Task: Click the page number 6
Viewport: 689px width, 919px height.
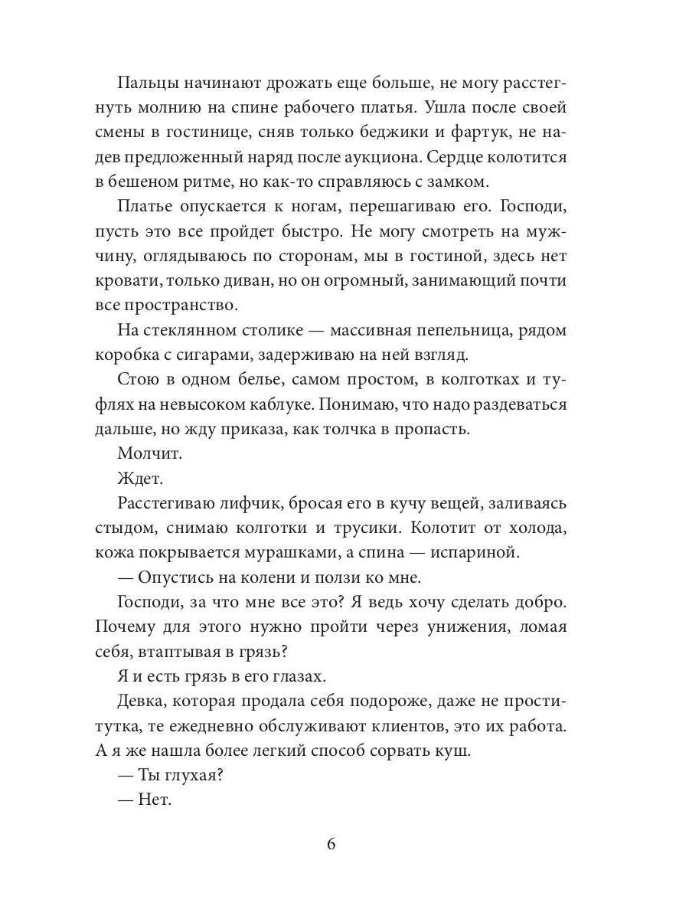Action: point(331,844)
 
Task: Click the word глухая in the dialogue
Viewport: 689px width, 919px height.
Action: point(189,775)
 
